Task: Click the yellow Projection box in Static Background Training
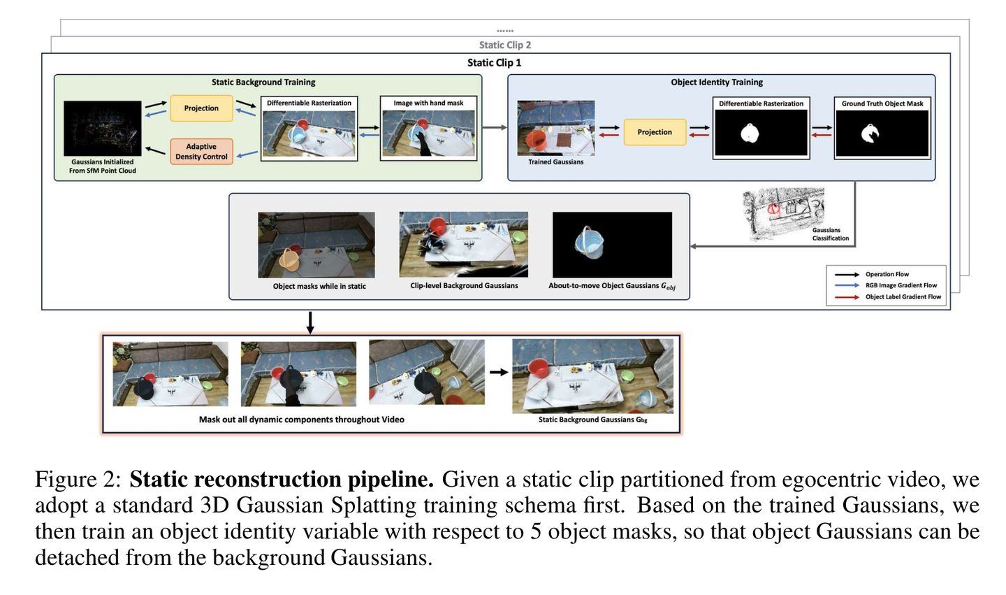point(201,108)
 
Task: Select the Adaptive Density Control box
point(201,152)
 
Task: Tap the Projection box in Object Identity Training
point(655,132)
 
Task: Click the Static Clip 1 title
point(494,63)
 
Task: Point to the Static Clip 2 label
point(504,45)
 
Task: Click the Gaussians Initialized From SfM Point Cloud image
point(102,128)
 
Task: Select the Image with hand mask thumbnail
point(428,133)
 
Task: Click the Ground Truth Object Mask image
point(882,134)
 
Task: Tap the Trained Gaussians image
point(555,128)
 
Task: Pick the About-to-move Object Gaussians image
point(612,245)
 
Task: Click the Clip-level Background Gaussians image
point(464,245)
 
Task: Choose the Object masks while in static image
point(316,245)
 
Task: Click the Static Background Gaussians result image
point(592,376)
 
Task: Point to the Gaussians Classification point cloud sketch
point(782,213)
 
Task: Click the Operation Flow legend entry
point(886,274)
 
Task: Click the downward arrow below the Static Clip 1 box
point(310,322)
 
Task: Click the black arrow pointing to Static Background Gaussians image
point(498,373)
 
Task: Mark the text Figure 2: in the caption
point(78,480)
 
